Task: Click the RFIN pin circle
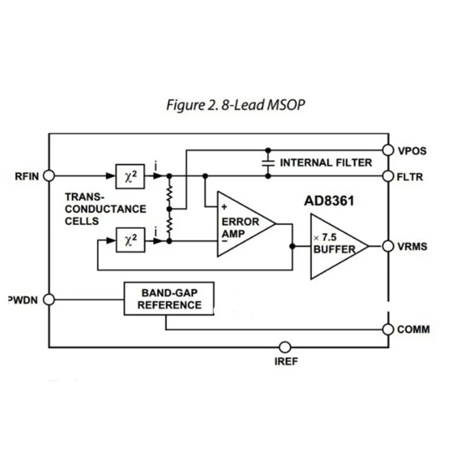point(49,175)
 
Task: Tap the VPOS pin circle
point(387,150)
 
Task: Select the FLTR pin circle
point(387,175)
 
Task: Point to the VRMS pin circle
point(387,246)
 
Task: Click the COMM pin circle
point(387,329)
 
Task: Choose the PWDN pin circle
point(49,299)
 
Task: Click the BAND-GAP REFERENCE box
point(169,298)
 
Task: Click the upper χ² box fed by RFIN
point(130,175)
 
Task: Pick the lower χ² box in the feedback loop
point(130,240)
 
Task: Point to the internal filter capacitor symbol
point(268,162)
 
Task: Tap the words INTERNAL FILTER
point(326,162)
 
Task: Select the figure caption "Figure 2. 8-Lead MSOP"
point(235,105)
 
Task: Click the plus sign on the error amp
point(224,207)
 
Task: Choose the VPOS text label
point(412,150)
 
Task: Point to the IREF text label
point(286,361)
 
